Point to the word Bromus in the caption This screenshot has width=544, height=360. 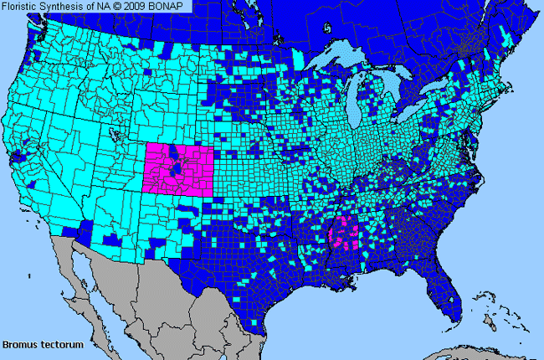click(19, 344)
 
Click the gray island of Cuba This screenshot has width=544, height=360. click(477, 347)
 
